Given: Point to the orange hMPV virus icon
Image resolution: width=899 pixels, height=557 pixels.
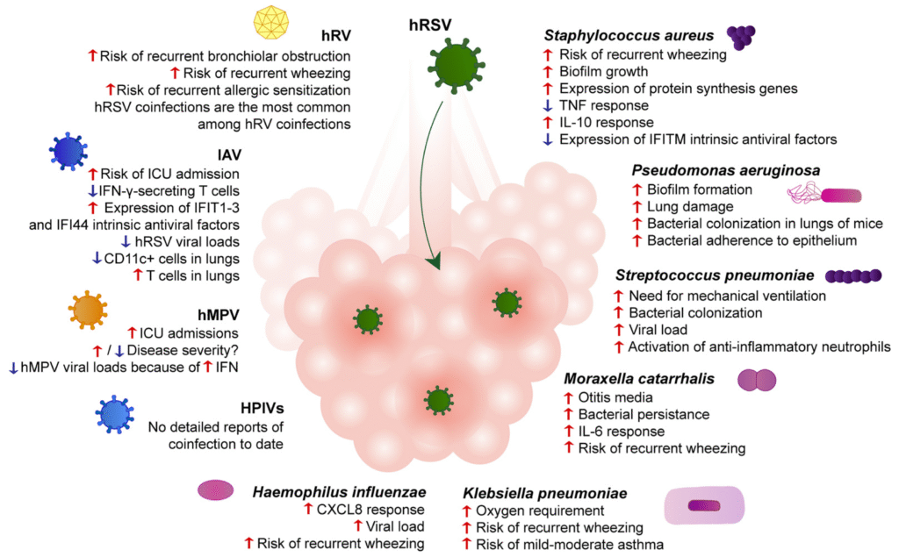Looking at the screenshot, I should point(87,310).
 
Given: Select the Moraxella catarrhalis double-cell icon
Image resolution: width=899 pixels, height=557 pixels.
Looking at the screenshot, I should point(756,380).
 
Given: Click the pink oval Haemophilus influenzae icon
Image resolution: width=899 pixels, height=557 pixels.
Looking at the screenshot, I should point(216,491).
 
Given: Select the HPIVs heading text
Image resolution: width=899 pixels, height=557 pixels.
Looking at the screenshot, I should point(264,408).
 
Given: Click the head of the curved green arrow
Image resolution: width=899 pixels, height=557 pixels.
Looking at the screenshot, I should point(433,261).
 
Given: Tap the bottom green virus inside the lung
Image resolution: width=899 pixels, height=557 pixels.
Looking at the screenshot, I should point(437,401).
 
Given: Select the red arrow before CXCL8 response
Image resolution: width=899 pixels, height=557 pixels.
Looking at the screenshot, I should point(308,510).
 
